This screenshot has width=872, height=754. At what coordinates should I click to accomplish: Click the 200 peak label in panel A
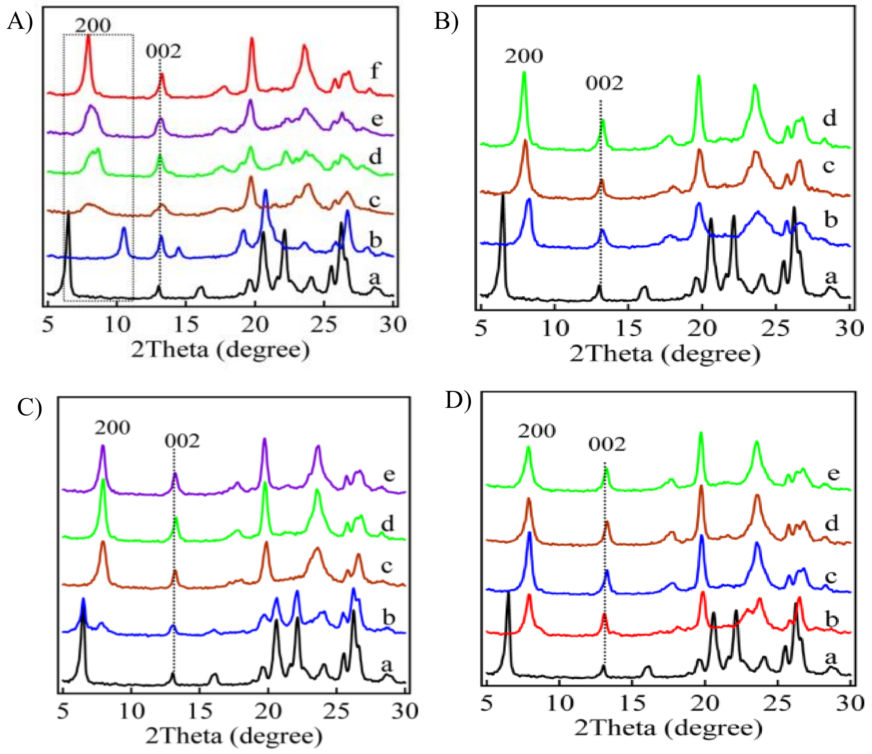coord(93,25)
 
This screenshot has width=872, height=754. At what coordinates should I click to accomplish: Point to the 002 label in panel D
coord(607,444)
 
